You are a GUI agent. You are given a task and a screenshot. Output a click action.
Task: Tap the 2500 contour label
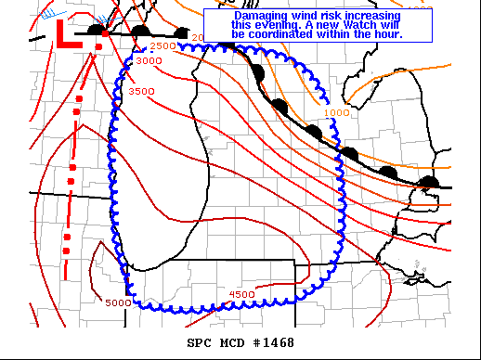pos(162,45)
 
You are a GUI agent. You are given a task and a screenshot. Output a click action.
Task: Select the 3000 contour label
pos(149,60)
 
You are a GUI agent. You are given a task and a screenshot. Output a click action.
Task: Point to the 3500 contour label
pos(141,92)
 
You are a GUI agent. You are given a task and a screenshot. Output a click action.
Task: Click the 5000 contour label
pos(118,302)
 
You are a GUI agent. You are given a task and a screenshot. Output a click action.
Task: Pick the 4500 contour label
pos(241,294)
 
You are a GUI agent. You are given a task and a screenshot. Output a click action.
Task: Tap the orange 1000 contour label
pos(337,112)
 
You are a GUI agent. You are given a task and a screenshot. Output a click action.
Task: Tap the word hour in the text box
pos(386,34)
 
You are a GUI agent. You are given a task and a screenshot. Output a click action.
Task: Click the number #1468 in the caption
pos(276,343)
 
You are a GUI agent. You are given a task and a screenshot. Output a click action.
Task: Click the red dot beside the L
pos(105,33)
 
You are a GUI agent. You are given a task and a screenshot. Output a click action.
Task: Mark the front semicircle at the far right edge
pos(429,181)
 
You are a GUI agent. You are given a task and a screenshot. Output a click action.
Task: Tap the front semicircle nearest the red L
pos(95,29)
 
